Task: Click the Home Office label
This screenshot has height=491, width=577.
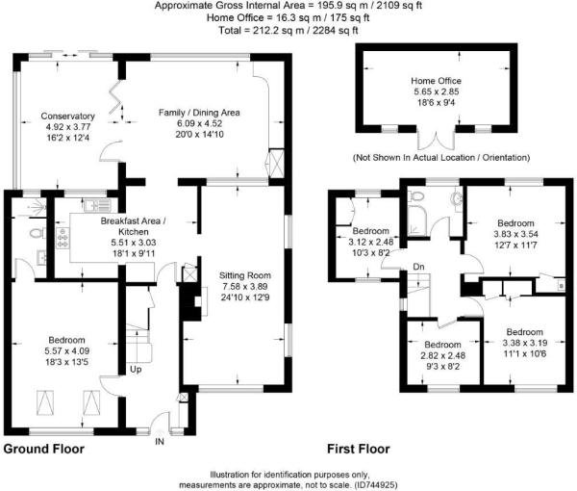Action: [x=436, y=81]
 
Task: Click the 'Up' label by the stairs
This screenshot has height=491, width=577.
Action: [x=136, y=370]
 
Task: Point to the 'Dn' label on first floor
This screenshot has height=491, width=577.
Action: [x=418, y=267]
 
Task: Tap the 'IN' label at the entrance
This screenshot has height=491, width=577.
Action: [x=160, y=442]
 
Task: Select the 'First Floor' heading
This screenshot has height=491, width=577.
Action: [x=357, y=449]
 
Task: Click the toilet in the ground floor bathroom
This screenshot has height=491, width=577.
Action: [x=36, y=234]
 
